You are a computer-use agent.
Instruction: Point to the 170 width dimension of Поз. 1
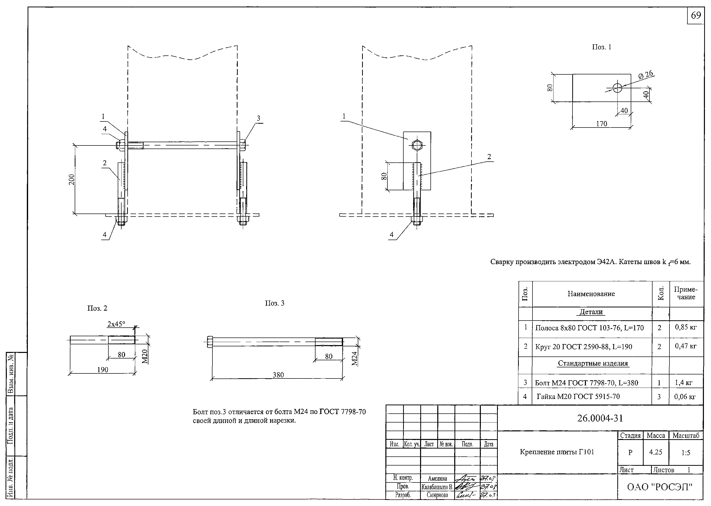click(x=602, y=124)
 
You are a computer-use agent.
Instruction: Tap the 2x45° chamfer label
click(x=116, y=324)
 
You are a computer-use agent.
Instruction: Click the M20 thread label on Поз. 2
click(x=144, y=357)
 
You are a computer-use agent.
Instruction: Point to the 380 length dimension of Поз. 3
click(x=278, y=375)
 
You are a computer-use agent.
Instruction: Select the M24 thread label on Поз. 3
click(x=354, y=358)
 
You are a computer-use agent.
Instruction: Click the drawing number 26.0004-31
click(x=600, y=418)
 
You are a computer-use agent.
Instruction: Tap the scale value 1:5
click(x=686, y=453)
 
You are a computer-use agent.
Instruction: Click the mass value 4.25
click(x=656, y=452)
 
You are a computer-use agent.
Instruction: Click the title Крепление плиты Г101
click(x=557, y=452)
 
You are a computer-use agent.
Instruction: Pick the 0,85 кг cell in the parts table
click(x=686, y=327)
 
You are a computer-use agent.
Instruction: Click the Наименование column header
click(x=591, y=294)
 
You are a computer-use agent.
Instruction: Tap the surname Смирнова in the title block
click(x=438, y=495)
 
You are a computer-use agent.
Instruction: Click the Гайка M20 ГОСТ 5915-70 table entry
click(x=578, y=397)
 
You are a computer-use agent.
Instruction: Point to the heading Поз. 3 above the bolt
click(x=274, y=303)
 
